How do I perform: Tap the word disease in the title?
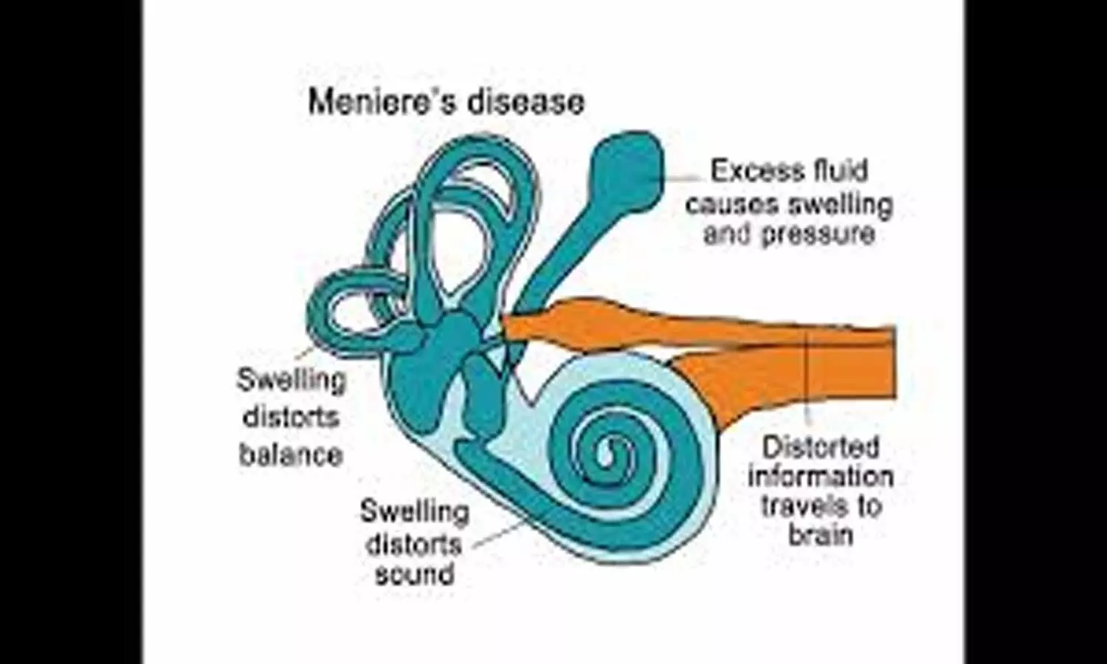point(525,102)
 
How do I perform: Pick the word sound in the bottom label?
point(414,574)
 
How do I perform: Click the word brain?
point(821,533)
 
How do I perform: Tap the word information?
point(821,477)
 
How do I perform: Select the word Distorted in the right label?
point(821,448)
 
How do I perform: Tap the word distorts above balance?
point(291,418)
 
